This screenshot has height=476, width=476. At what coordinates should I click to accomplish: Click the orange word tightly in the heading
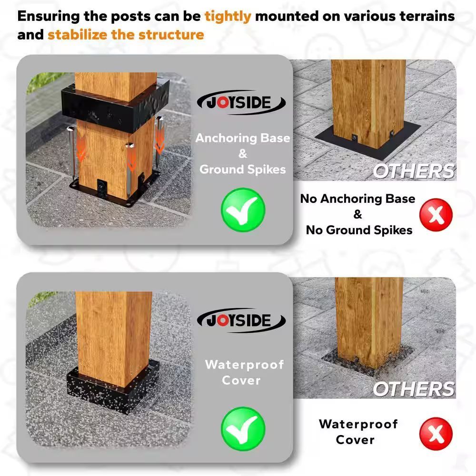228,17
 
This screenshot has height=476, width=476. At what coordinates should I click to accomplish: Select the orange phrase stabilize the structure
126,35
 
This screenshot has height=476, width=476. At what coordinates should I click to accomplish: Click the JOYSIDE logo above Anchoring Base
241,103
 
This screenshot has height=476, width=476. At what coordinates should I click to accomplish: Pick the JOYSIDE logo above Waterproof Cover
241,320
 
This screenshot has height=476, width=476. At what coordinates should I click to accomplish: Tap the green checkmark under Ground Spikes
243,210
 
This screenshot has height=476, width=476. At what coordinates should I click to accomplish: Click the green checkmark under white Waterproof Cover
243,429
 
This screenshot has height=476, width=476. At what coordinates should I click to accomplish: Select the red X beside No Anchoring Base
436,215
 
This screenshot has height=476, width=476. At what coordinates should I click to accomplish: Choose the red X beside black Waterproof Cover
436,434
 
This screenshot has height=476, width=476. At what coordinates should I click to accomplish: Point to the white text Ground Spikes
243,169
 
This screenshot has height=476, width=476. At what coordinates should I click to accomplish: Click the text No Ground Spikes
359,230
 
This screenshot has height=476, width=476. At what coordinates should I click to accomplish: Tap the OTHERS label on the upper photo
414,171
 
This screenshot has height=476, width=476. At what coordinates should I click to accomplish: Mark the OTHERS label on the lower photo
414,389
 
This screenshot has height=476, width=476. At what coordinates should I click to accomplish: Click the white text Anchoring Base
243,138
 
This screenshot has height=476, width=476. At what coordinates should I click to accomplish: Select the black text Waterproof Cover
358,432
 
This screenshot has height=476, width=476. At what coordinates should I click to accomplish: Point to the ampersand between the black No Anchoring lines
358,214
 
